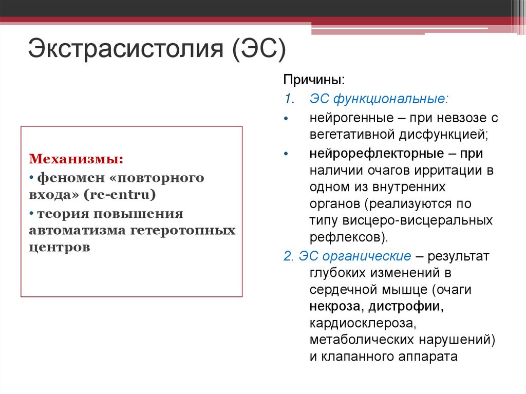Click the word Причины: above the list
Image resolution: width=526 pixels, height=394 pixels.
click(x=314, y=81)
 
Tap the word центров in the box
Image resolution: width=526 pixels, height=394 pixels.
click(x=60, y=248)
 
